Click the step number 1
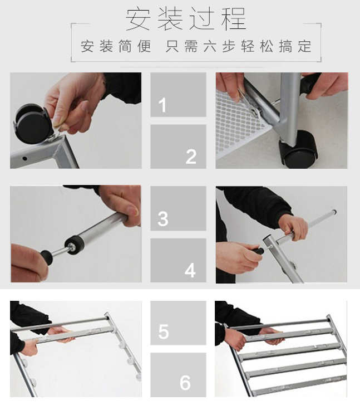162,105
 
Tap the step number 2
191,157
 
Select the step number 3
163,218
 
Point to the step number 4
190,270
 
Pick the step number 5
164,331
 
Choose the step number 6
185,383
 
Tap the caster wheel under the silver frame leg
299,149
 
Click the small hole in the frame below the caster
24,158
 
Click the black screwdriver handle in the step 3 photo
46,256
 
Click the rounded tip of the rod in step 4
334,212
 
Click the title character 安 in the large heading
138,19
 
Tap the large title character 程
234,19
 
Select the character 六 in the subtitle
210,46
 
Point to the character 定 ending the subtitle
304,46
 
